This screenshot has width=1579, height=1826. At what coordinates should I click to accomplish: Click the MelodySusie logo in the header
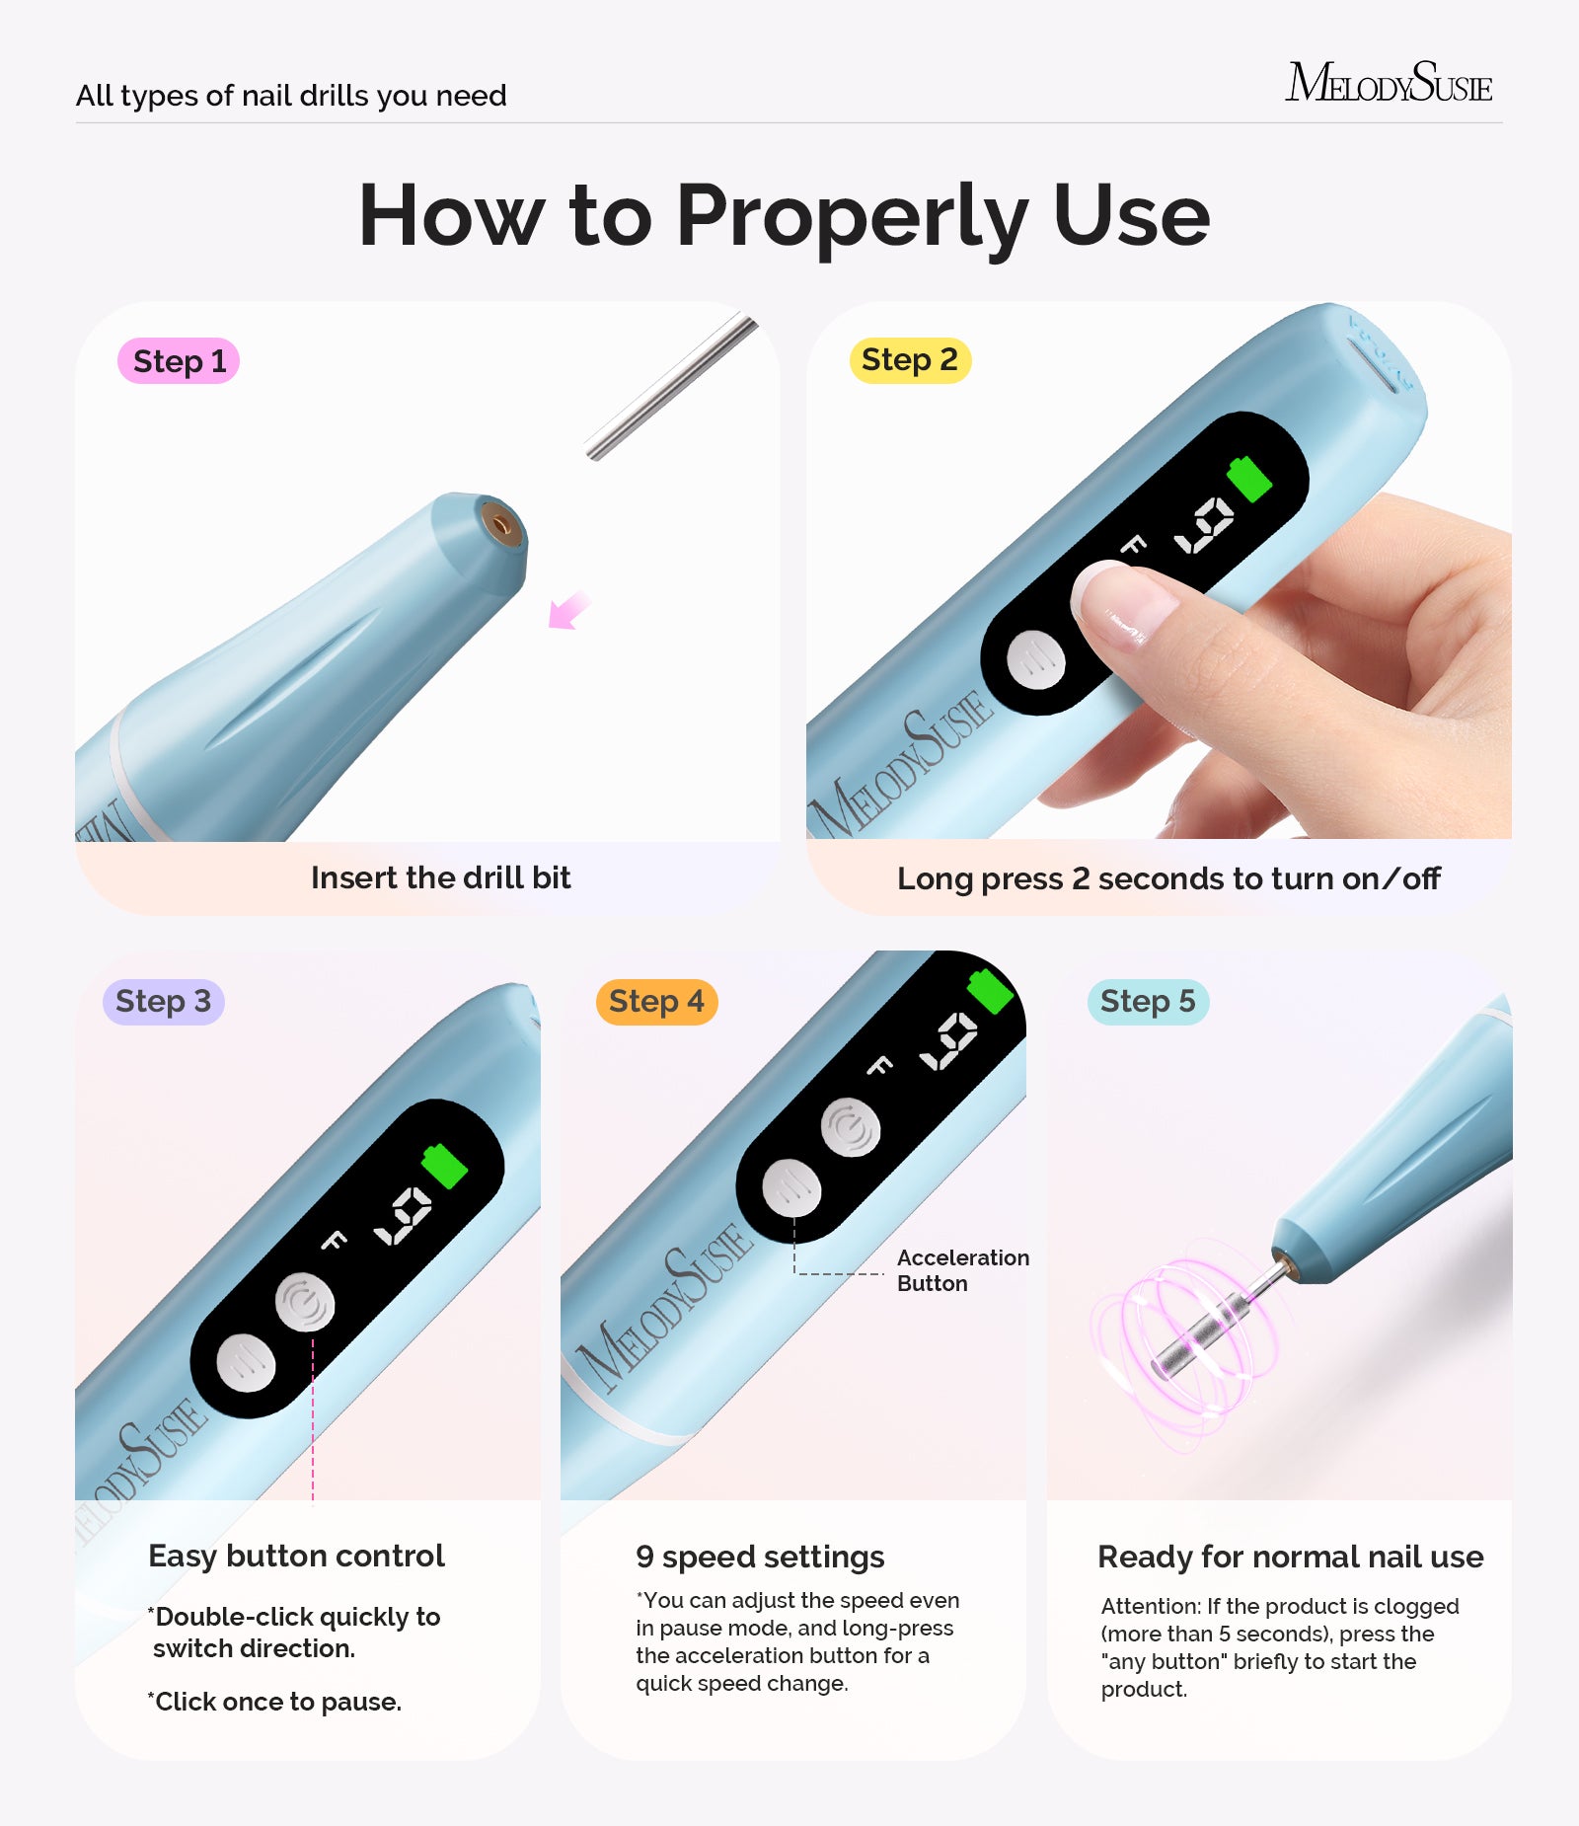(1388, 83)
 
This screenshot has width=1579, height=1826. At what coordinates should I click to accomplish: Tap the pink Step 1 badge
(179, 361)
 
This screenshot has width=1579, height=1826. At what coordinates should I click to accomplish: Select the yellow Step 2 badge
(910, 360)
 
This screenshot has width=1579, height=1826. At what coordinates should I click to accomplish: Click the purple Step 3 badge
(163, 1002)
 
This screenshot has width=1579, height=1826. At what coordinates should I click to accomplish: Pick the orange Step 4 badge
(656, 1002)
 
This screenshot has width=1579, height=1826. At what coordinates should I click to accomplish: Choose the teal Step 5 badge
(1148, 1002)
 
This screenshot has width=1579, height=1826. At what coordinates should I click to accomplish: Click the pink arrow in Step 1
(568, 611)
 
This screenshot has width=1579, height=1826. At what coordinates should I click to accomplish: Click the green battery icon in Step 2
(1249, 479)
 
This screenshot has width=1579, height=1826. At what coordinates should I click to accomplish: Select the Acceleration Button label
(962, 1270)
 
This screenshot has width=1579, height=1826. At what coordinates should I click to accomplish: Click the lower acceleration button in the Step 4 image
(791, 1188)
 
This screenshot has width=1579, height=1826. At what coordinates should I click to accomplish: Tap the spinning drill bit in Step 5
(1199, 1337)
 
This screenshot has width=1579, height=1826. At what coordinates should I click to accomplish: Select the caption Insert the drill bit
(440, 877)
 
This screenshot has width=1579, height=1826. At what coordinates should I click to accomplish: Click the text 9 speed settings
(760, 1557)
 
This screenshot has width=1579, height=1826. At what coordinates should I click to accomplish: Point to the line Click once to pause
(276, 1702)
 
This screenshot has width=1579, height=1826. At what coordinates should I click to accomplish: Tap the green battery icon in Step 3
(444, 1167)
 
